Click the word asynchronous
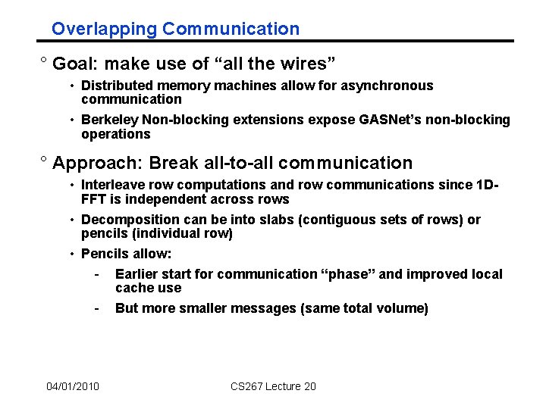tap(386, 86)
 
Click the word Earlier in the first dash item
tap(137, 274)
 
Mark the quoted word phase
tap(348, 274)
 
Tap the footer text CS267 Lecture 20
tap(273, 387)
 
